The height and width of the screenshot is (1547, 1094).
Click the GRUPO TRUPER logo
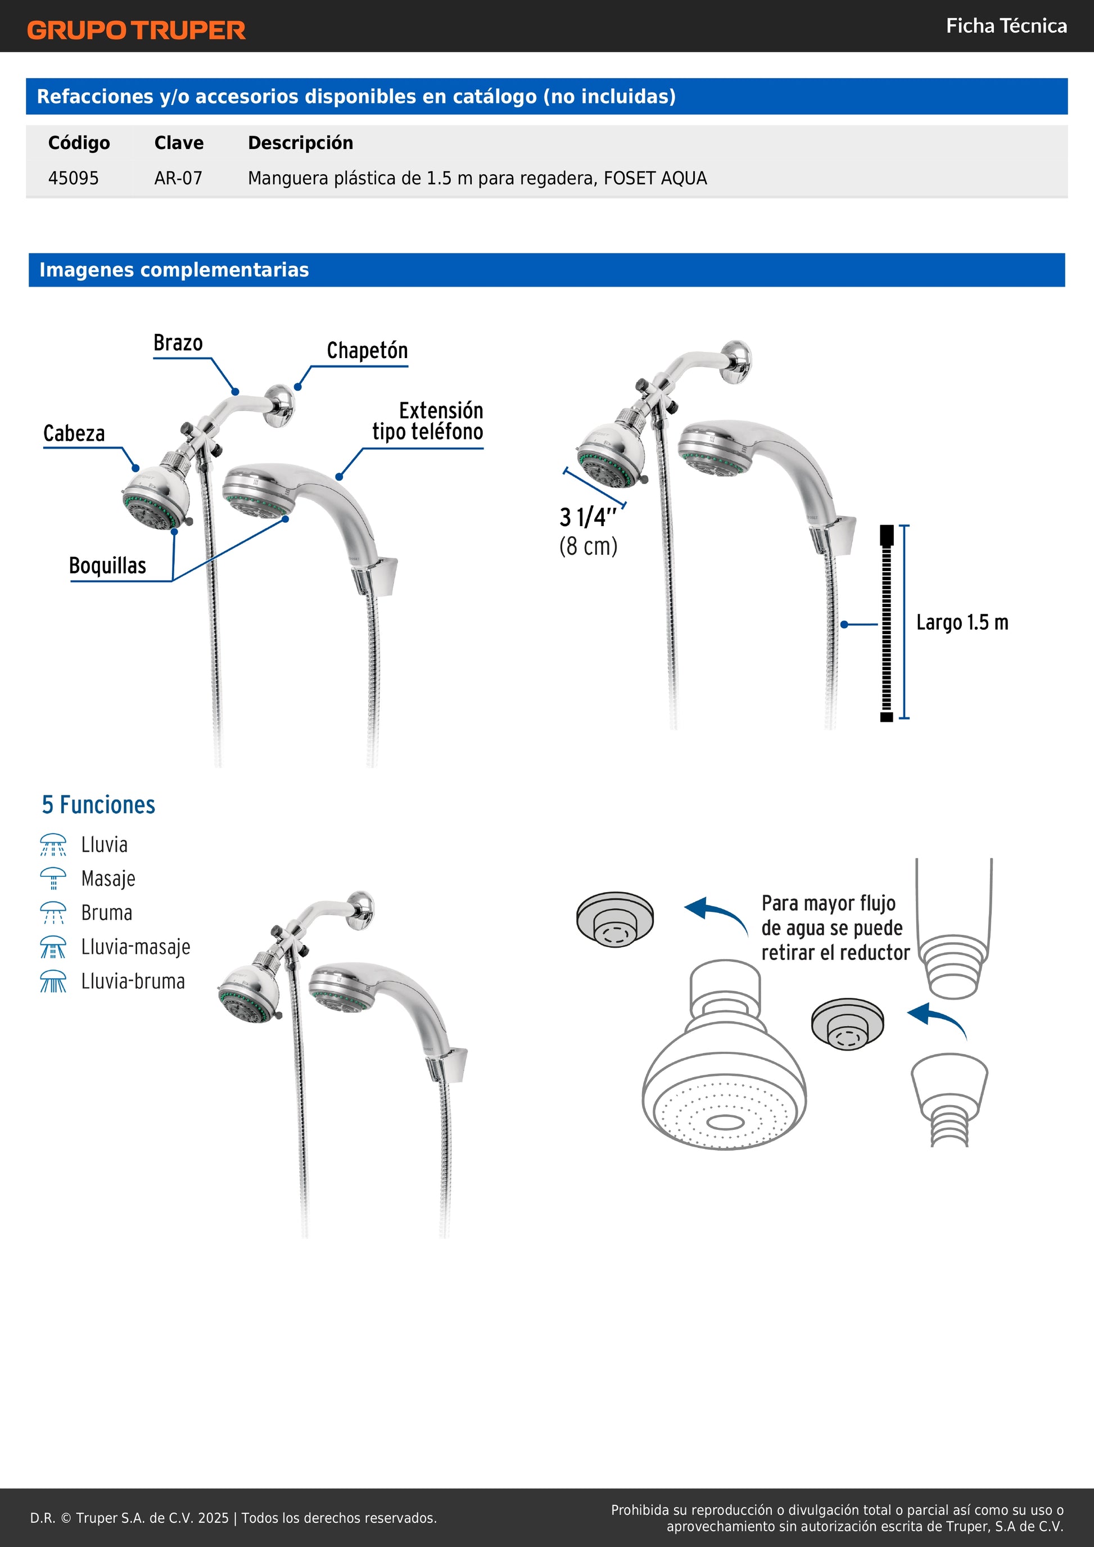pyautogui.click(x=136, y=30)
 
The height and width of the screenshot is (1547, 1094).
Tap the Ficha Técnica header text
pyautogui.click(x=1006, y=26)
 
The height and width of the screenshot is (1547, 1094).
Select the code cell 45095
pyautogui.click(x=74, y=179)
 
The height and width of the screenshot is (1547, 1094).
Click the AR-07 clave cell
pyautogui.click(x=178, y=179)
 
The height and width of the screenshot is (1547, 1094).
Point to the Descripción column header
pyautogui.click(x=300, y=143)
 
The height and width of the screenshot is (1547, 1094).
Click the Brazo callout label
pyautogui.click(x=178, y=343)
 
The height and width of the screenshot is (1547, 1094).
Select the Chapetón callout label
pyautogui.click(x=367, y=350)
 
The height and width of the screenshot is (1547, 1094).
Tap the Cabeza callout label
pyautogui.click(x=74, y=433)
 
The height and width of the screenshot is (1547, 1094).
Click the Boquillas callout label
pyautogui.click(x=108, y=566)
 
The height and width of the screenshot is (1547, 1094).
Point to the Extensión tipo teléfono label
pyautogui.click(x=428, y=421)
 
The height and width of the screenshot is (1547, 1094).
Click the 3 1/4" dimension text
pyautogui.click(x=588, y=518)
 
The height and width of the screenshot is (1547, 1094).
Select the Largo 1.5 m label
pyautogui.click(x=962, y=623)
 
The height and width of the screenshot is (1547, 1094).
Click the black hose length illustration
pyautogui.click(x=887, y=623)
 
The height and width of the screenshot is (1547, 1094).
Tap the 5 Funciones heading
pyautogui.click(x=98, y=805)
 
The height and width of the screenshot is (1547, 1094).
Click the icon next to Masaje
pyautogui.click(x=53, y=879)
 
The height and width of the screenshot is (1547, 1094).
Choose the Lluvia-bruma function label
pyautogui.click(x=133, y=981)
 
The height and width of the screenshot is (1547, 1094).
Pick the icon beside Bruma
pyautogui.click(x=53, y=913)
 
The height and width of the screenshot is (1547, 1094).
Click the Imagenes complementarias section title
pyautogui.click(x=174, y=270)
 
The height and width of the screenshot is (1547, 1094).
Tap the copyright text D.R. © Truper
pyautogui.click(x=233, y=1518)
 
